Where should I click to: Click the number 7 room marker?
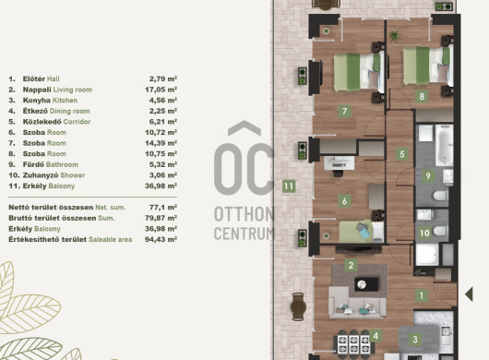point(345,112)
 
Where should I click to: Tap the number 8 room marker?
point(422,96)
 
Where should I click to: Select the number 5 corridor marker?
point(402,154)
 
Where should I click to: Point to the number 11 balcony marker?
point(289,186)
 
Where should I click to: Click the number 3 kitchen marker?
point(415,339)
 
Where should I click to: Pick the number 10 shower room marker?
point(424,233)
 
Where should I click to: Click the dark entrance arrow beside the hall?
point(469,294)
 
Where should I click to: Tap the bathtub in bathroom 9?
point(444,145)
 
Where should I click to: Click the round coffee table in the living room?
point(362,284)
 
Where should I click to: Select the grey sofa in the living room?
point(357,304)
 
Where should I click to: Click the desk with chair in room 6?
point(339,165)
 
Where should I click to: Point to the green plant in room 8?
point(395,35)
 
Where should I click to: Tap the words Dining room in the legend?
point(69,111)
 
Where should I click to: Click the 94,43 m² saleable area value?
point(161,240)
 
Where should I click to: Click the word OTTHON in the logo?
point(244,214)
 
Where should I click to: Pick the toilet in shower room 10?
point(440,231)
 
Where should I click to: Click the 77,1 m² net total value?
point(163,208)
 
